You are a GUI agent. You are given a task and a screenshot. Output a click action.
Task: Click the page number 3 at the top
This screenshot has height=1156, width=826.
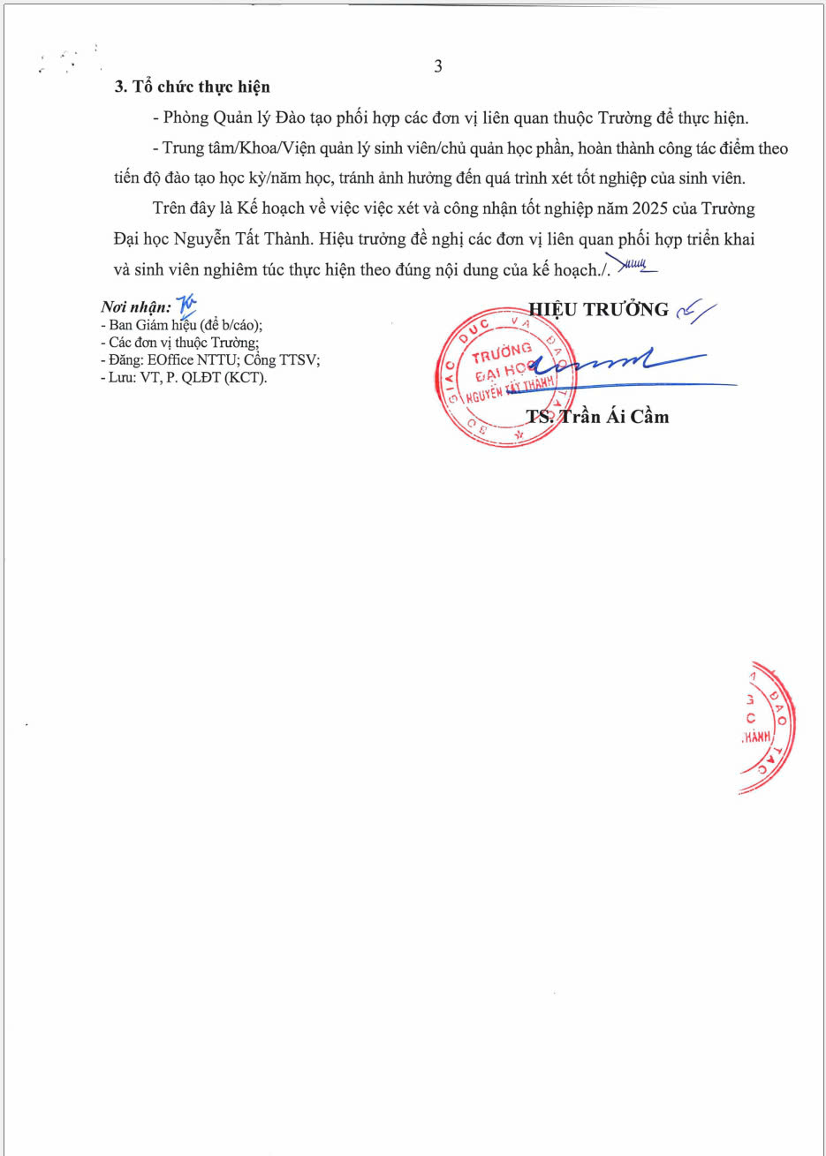[438, 66]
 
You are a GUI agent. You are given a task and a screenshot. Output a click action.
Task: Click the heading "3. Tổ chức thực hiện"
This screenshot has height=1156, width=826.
[193, 87]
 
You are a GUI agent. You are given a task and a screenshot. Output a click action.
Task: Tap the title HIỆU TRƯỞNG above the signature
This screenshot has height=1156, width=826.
[599, 309]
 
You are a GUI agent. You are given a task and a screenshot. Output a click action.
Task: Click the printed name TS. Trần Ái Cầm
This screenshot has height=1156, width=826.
[597, 416]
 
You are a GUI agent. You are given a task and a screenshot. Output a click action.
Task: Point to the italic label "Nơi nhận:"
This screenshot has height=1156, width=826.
[136, 307]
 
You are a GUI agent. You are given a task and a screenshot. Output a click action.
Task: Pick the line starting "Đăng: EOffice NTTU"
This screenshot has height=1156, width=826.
[209, 360]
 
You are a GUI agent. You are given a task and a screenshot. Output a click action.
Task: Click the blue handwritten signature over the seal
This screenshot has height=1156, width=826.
[618, 362]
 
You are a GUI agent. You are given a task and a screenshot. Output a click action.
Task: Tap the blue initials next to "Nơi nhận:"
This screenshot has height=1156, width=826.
[186, 305]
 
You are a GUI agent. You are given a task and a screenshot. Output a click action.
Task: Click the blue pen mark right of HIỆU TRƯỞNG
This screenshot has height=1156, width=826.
[695, 310]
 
